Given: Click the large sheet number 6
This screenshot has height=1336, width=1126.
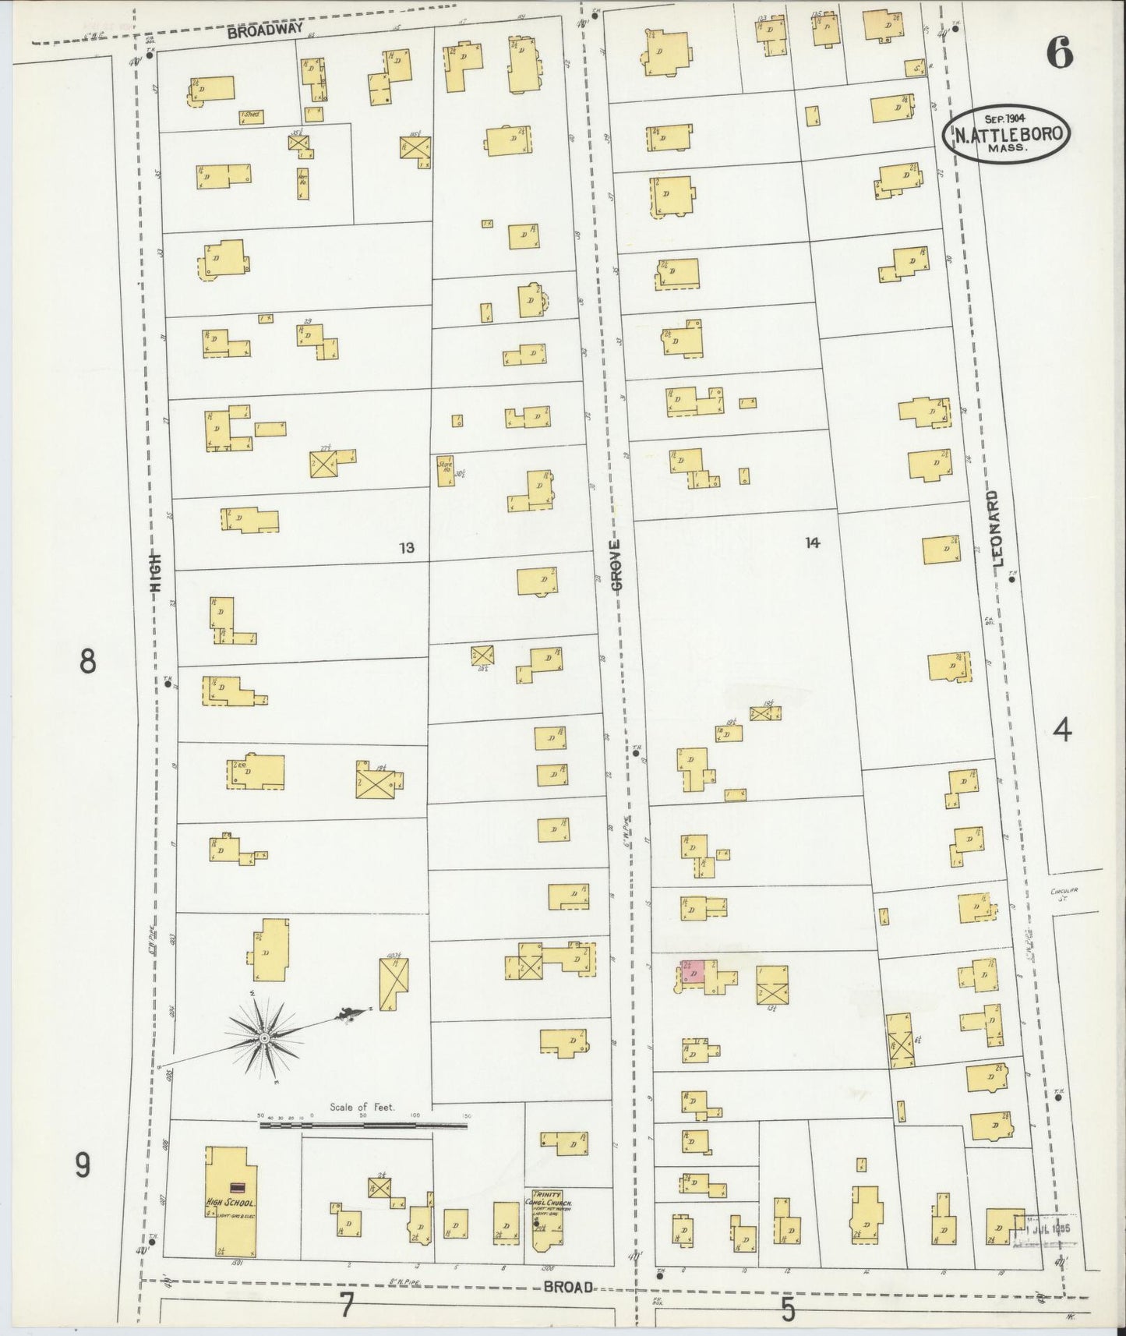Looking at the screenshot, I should pos(1059,52).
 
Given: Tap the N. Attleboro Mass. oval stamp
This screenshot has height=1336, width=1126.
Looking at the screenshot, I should pos(1006,133).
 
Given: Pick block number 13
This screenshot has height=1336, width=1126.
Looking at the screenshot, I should pos(406,548).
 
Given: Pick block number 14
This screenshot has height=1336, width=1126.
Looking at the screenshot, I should pos(812,543).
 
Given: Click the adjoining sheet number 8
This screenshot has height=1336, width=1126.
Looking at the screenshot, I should pos(87,662).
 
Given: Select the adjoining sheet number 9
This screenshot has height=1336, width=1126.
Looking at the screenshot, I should pos(82,1165).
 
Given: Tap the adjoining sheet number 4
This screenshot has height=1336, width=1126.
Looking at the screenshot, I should pos(1061,730).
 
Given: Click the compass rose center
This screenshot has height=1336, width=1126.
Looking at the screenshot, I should pos(265,1038).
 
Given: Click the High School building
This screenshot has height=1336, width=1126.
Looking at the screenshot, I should pos(231,1200).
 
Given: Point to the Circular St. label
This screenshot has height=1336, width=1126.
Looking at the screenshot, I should pos(1063,893).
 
